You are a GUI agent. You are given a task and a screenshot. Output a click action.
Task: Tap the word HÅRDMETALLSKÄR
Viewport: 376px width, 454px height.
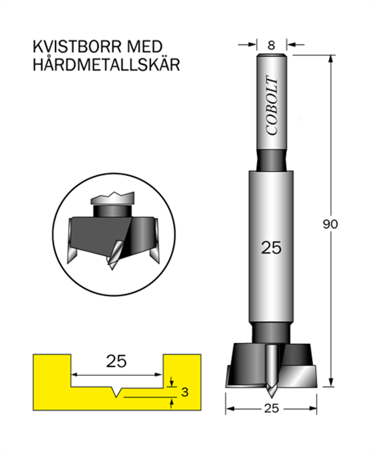click(107, 64)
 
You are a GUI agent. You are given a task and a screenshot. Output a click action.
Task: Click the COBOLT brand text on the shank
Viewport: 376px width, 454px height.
click(272, 106)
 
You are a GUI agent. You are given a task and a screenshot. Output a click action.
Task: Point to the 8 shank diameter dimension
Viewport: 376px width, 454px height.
click(271, 45)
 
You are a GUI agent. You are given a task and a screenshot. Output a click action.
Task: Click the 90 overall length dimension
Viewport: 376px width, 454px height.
click(330, 224)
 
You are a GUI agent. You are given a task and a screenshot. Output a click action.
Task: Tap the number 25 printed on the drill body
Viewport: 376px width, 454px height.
click(271, 248)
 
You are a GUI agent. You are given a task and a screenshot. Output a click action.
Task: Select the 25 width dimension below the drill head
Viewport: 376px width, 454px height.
click(271, 408)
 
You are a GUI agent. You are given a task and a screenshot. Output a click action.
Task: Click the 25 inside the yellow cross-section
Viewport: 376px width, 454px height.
click(117, 361)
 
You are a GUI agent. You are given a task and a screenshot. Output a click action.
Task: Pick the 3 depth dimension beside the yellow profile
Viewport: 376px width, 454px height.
click(185, 392)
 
